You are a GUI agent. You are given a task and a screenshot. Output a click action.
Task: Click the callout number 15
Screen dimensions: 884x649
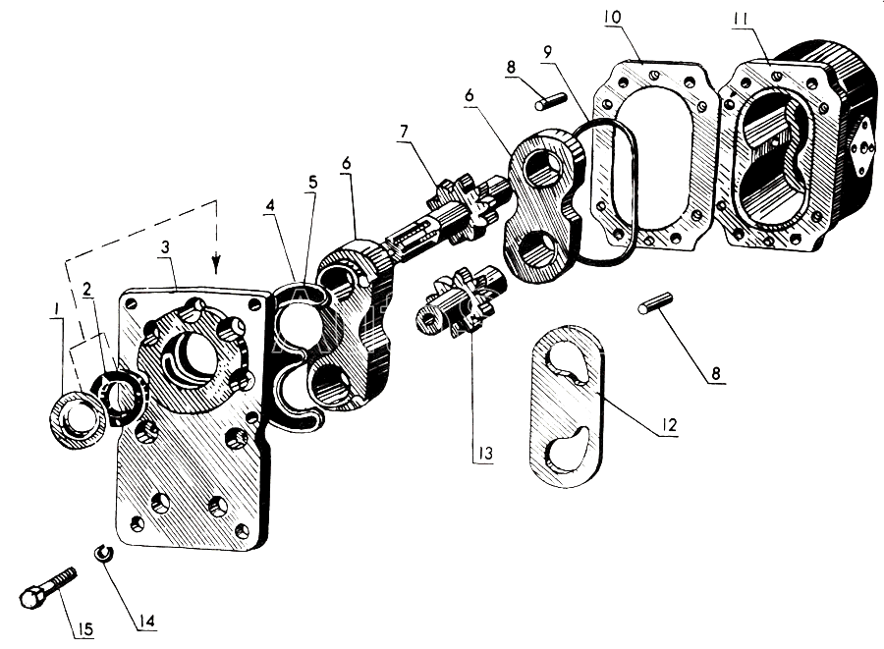click(x=85, y=628)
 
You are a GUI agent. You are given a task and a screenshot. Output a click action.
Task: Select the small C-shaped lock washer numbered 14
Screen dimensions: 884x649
click(x=103, y=552)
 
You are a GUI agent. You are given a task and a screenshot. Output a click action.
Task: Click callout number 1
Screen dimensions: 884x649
click(x=56, y=308)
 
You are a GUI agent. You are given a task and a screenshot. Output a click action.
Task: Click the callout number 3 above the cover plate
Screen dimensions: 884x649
click(x=165, y=246)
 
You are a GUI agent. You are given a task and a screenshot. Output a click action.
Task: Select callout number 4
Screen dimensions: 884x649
click(x=271, y=205)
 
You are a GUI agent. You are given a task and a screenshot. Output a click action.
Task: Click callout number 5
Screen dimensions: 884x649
click(x=312, y=183)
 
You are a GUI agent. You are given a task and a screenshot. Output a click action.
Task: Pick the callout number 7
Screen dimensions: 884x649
click(x=404, y=132)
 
